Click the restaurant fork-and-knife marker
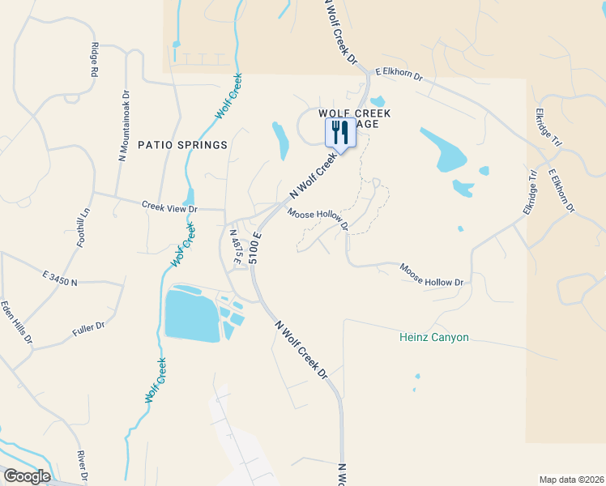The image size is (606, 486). click(340, 132)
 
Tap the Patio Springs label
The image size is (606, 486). click(182, 145)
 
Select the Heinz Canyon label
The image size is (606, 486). click(434, 337)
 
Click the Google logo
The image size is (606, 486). click(26, 476)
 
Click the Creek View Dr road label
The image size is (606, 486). click(169, 208)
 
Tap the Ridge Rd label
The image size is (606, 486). click(95, 60)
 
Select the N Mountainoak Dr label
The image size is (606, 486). click(124, 126)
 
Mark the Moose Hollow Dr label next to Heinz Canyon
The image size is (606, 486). click(431, 274)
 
